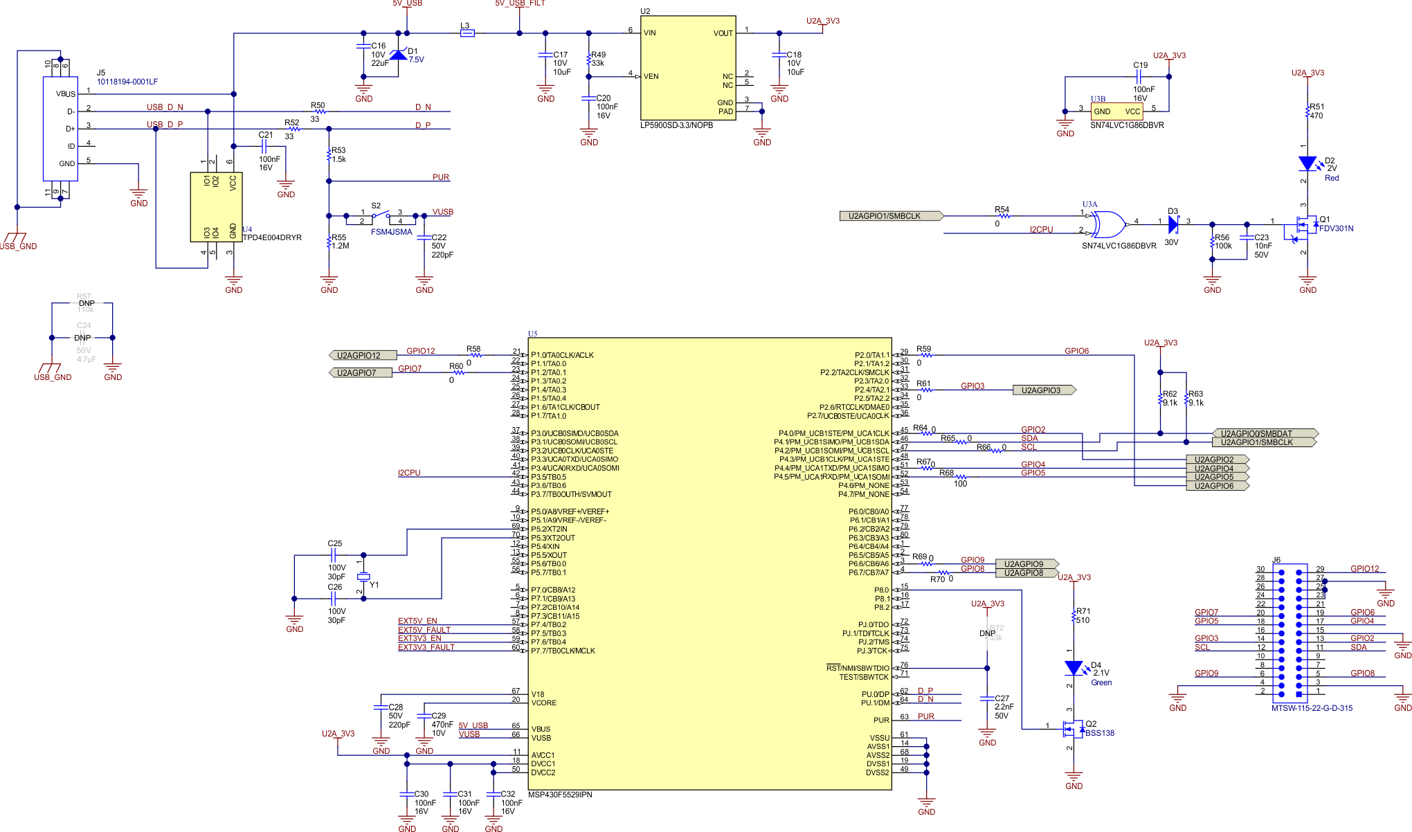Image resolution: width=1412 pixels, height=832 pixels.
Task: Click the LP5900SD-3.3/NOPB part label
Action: pyautogui.click(x=676, y=125)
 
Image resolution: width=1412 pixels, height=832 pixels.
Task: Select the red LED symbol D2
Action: pyautogui.click(x=1307, y=164)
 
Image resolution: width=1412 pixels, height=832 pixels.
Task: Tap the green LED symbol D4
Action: pyautogui.click(x=1074, y=668)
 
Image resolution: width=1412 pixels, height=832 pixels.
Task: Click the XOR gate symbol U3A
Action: pyautogui.click(x=1106, y=225)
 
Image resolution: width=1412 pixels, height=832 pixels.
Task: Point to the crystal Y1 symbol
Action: pyautogui.click(x=363, y=577)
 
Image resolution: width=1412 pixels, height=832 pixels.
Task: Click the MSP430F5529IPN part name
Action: pyautogui.click(x=560, y=795)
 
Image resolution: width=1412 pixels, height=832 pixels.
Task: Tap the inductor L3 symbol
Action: pyautogui.click(x=467, y=33)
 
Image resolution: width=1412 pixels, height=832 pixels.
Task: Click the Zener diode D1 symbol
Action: pyautogui.click(x=398, y=55)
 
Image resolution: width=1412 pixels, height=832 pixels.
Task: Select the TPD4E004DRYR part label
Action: pyautogui.click(x=272, y=237)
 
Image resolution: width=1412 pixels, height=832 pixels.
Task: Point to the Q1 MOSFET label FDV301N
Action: pyautogui.click(x=1336, y=228)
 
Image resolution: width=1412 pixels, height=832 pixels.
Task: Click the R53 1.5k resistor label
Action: pyautogui.click(x=338, y=154)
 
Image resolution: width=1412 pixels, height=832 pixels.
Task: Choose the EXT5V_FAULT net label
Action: pyautogui.click(x=424, y=630)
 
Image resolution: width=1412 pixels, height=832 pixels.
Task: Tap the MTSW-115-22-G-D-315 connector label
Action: pyautogui.click(x=1312, y=708)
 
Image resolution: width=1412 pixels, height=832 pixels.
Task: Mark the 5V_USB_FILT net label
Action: pyautogui.click(x=520, y=3)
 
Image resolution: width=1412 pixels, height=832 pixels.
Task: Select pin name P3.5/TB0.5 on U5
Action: pyautogui.click(x=548, y=477)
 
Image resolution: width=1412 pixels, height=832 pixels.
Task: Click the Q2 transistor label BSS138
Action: pyautogui.click(x=1100, y=733)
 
